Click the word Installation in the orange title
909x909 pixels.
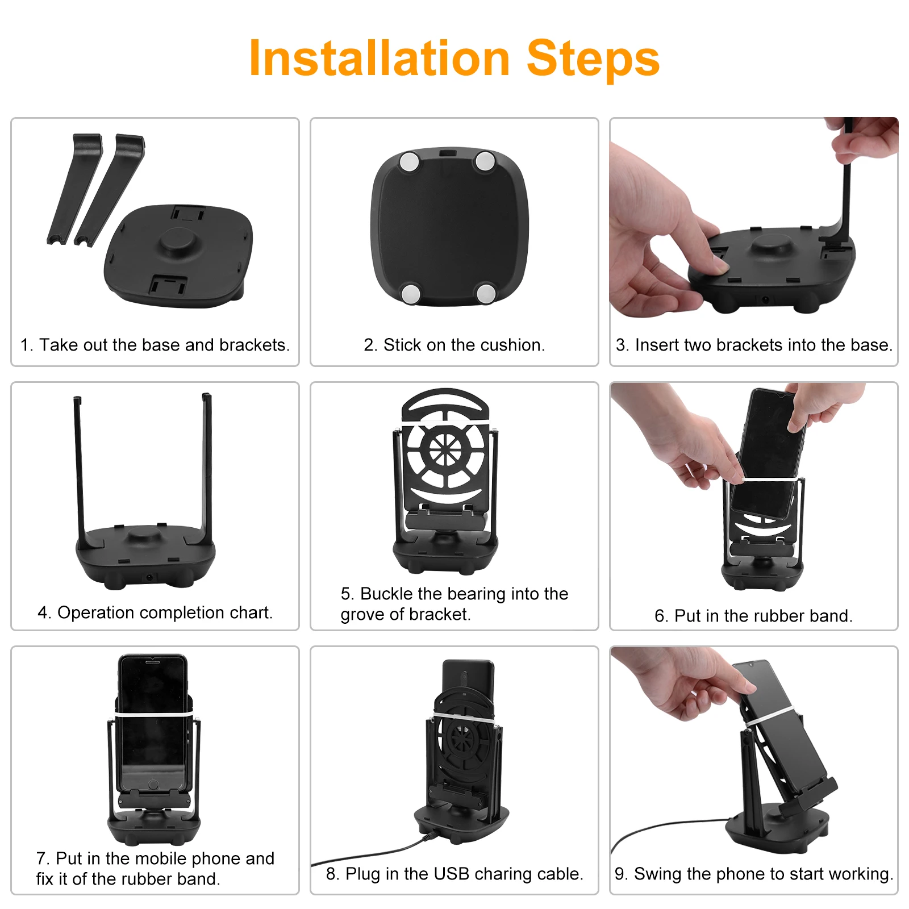point(380,58)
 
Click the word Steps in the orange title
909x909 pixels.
point(593,59)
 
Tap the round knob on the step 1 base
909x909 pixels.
point(178,241)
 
